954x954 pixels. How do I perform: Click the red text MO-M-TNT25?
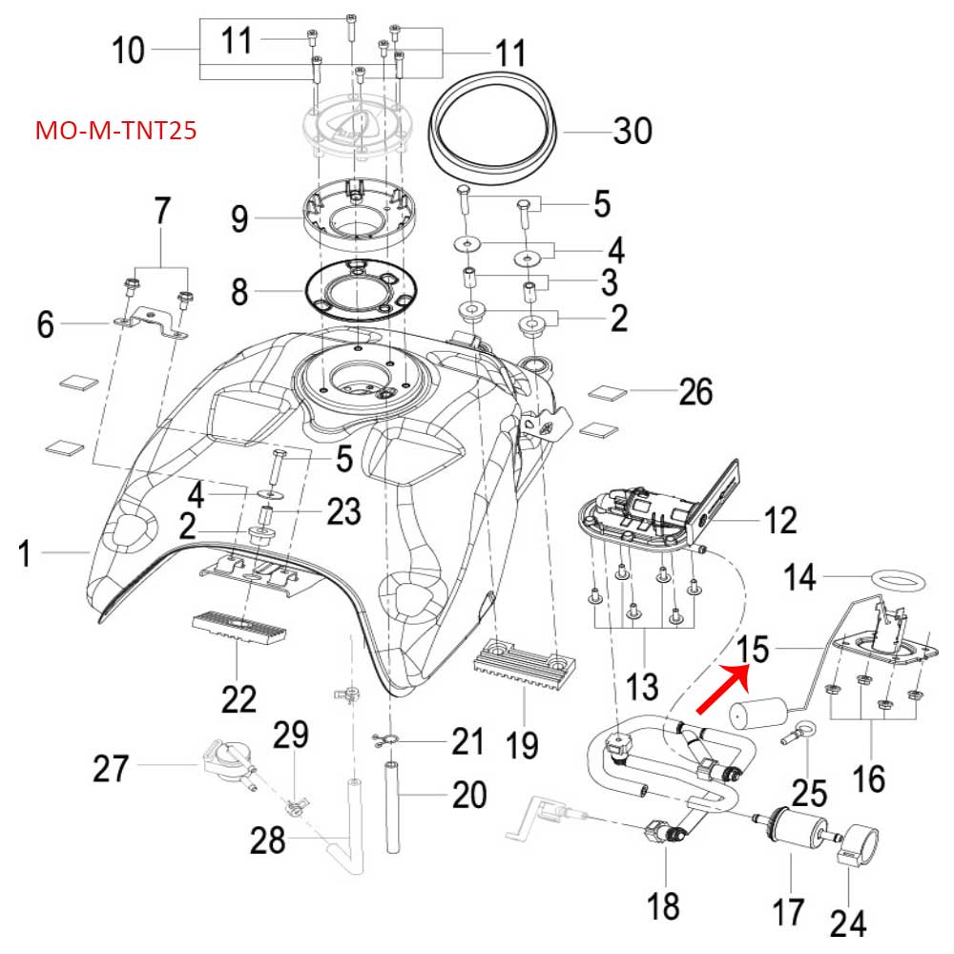[115, 130]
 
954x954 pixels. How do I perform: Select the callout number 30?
[632, 130]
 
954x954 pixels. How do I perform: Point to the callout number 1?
[30, 550]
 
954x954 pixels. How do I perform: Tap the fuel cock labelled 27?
[224, 762]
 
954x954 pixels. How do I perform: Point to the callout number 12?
[779, 521]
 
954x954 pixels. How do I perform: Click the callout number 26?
[695, 390]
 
